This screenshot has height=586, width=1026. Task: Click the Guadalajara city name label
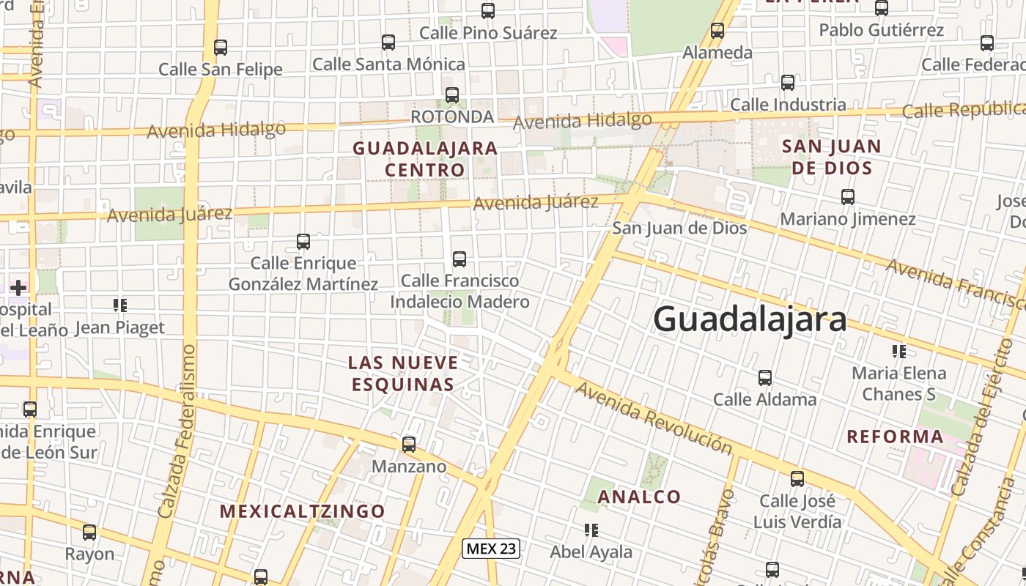(750, 320)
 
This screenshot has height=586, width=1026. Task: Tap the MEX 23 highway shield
(491, 549)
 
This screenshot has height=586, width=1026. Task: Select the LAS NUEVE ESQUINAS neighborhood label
(403, 373)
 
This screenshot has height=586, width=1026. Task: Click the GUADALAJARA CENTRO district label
(425, 159)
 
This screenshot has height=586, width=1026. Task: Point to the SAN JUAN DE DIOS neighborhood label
(831, 156)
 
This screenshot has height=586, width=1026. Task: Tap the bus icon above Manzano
(409, 444)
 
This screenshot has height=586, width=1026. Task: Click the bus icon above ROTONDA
(452, 94)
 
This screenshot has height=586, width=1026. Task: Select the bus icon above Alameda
(717, 31)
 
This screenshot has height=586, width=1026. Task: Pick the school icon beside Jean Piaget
(119, 305)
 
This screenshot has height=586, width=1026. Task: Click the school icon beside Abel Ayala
(591, 529)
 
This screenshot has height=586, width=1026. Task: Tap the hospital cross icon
(18, 287)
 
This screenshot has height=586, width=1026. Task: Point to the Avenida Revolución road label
(653, 418)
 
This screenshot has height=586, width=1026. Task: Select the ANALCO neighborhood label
(640, 497)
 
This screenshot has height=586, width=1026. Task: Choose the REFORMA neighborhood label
(895, 437)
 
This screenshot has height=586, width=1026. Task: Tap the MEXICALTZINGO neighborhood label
(303, 511)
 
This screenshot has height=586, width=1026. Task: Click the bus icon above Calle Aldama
(765, 378)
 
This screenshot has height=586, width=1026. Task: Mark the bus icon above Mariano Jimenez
(848, 196)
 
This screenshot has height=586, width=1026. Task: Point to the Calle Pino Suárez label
(488, 33)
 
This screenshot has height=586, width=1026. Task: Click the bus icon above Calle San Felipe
(221, 48)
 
